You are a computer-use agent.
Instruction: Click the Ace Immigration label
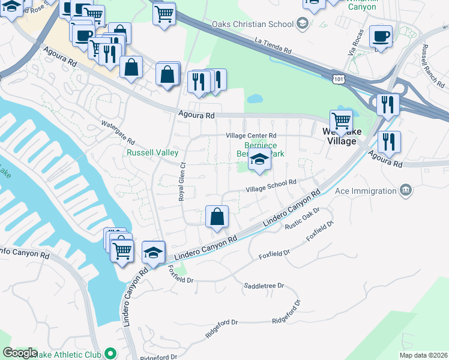(366, 191)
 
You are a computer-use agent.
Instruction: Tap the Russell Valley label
(152, 152)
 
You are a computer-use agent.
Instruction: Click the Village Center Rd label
(251, 136)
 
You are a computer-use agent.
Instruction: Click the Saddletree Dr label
(264, 286)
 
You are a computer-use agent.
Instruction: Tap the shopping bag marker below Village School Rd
(217, 217)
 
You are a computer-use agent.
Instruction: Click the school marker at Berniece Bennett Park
(259, 160)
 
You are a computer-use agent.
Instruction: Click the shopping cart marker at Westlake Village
(341, 121)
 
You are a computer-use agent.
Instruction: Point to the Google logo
(20, 353)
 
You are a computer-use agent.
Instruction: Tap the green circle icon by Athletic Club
(110, 353)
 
